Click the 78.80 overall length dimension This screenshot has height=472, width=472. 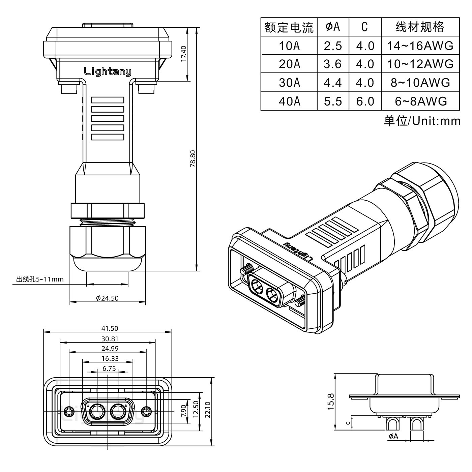click(193, 158)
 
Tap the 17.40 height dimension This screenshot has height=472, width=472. click(183, 54)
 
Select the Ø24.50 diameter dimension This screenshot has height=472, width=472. click(107, 298)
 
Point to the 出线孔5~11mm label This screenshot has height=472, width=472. click(40, 279)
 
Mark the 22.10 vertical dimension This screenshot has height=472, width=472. click(207, 409)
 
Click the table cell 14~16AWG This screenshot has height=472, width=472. click(420, 46)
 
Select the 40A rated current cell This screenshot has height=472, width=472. click(289, 101)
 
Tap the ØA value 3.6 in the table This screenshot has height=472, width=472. click(332, 64)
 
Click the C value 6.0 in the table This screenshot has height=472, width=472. click(365, 101)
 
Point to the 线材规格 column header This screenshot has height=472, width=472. click(420, 27)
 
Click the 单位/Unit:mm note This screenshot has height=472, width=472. click(422, 121)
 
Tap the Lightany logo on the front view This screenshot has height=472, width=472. click(107, 71)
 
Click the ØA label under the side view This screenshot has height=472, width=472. click(393, 437)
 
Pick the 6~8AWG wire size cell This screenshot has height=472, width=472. click(420, 101)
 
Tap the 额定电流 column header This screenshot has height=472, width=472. click(289, 27)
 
